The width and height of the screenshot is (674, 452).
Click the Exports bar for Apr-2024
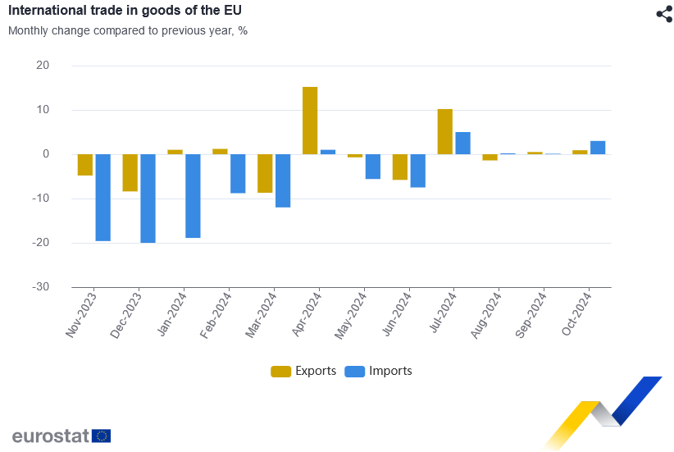310,121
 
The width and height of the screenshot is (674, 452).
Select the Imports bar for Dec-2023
148,199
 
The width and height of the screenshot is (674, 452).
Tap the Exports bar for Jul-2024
444,131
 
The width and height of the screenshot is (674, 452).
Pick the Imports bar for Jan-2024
193,196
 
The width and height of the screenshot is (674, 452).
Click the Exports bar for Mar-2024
265,173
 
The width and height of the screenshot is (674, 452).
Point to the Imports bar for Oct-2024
598,148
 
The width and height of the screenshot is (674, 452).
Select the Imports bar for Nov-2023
102,198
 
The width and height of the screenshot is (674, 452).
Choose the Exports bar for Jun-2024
399,167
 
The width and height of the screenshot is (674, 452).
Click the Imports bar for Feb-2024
238,173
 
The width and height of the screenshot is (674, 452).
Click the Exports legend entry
303,371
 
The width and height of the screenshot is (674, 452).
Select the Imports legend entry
379,371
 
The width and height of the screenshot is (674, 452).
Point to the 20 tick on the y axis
43,66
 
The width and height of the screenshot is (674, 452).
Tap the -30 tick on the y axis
40,287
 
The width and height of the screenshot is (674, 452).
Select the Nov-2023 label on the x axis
82,315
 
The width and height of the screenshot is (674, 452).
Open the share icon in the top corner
664,14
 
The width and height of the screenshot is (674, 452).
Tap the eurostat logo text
50,436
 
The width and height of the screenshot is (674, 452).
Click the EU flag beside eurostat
102,436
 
